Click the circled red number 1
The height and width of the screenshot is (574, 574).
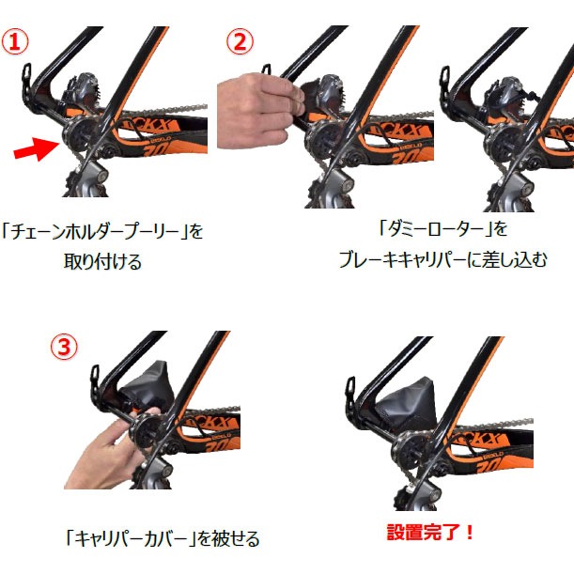(x=15, y=41)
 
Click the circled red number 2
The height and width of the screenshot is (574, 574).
(x=240, y=41)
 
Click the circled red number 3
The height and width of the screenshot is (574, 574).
(x=64, y=347)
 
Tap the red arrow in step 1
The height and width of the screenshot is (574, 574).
(x=36, y=148)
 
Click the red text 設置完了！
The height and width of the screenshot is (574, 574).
(x=430, y=533)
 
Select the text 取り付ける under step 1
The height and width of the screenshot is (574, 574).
(x=102, y=262)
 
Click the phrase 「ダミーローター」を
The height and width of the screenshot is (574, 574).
(x=443, y=229)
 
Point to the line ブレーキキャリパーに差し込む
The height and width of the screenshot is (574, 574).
(x=443, y=259)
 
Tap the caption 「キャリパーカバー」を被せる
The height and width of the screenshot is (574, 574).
(x=163, y=538)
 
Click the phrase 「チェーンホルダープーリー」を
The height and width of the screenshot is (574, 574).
(x=102, y=231)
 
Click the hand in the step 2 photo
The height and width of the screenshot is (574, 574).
(x=259, y=110)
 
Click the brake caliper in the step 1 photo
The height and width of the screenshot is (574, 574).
(x=83, y=91)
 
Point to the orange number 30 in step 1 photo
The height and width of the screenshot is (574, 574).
(x=157, y=149)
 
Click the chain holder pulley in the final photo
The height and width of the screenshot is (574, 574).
(x=410, y=449)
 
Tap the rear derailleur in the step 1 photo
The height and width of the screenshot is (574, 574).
(x=87, y=180)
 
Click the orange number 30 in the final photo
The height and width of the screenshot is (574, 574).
(x=491, y=466)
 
